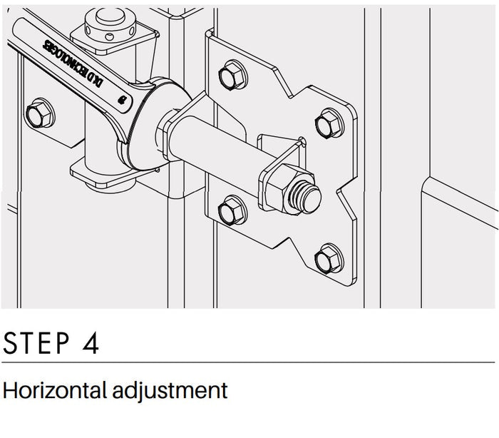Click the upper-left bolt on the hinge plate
pos(232,75)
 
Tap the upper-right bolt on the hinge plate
pos(329,123)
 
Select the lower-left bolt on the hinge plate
pos(232,210)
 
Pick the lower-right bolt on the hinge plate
pos(329,259)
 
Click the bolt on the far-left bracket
pos(40,113)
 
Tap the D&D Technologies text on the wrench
pos(73,63)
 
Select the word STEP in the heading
pos(36,343)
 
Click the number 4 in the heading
pos(91,343)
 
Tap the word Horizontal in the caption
pos(54,390)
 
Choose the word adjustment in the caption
pos(170,391)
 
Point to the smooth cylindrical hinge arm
pos(217,150)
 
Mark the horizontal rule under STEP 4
pos(248,362)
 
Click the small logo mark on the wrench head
pos(122,100)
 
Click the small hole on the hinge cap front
pos(109,37)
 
